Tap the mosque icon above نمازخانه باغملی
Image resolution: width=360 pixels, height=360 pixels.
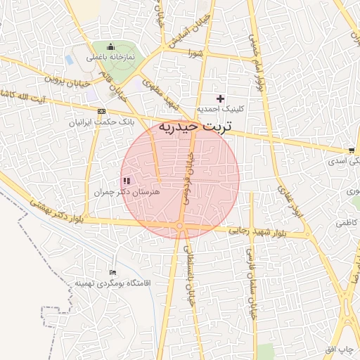tap(110, 47)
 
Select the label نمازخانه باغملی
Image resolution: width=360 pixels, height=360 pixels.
tap(110, 58)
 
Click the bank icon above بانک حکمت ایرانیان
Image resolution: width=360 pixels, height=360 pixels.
tap(101, 112)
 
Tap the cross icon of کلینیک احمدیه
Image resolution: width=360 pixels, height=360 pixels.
tap(221, 98)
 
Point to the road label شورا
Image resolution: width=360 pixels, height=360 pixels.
tap(194, 53)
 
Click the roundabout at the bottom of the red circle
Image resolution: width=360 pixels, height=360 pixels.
tap(180, 225)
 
